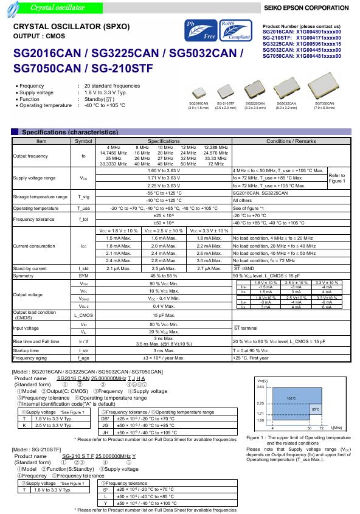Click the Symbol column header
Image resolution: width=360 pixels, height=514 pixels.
pos(83,141)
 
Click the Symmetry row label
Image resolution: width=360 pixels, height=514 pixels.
pos(24,276)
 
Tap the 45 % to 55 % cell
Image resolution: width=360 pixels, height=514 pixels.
pos(164,276)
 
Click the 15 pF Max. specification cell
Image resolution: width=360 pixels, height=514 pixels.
pos(164,315)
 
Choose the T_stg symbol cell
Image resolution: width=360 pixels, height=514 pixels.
pos(83,196)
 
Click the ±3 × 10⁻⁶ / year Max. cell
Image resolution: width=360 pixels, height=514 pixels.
pos(164,358)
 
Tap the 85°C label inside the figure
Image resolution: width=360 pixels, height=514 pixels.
pos(315,409)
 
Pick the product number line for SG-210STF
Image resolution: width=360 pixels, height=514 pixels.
pos(302,38)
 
